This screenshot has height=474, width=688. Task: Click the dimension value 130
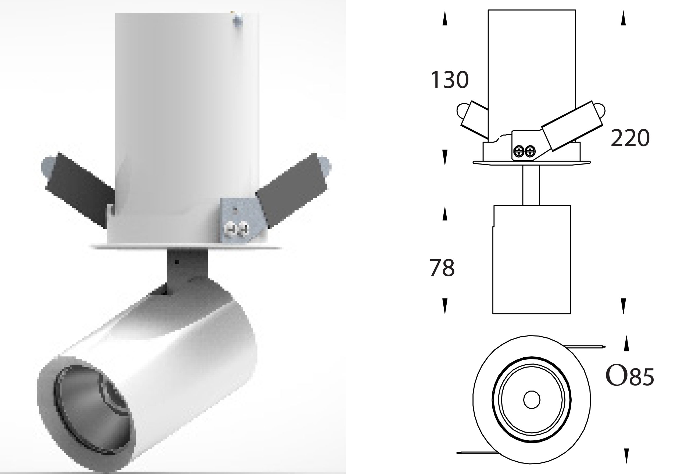point(449,80)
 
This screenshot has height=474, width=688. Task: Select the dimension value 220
point(630,138)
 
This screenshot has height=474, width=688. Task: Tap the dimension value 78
point(442,268)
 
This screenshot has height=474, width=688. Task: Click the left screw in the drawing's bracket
point(518,151)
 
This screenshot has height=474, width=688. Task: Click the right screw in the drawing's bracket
point(530,151)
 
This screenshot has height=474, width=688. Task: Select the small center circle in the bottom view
point(532,400)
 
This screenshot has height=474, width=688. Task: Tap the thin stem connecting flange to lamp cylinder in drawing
point(531,185)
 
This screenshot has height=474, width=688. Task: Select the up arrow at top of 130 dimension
point(445,18)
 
